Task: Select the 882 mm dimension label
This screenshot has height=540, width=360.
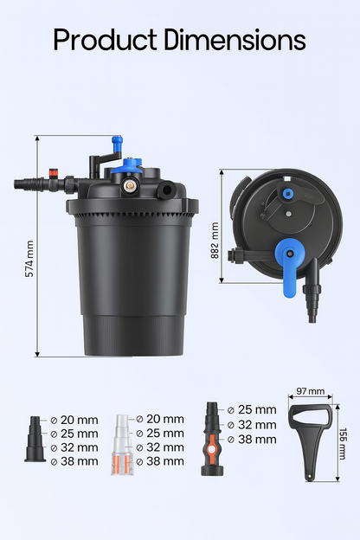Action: tap(215, 234)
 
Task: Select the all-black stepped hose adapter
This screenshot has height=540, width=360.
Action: tap(35, 442)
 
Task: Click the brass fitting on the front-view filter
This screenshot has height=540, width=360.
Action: tap(131, 185)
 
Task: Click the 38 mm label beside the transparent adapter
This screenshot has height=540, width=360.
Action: tap(164, 461)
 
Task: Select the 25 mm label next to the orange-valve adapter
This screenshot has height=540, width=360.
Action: tap(257, 410)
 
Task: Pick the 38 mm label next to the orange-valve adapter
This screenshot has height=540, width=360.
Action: tap(257, 439)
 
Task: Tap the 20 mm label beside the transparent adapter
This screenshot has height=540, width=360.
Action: tap(164, 420)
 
